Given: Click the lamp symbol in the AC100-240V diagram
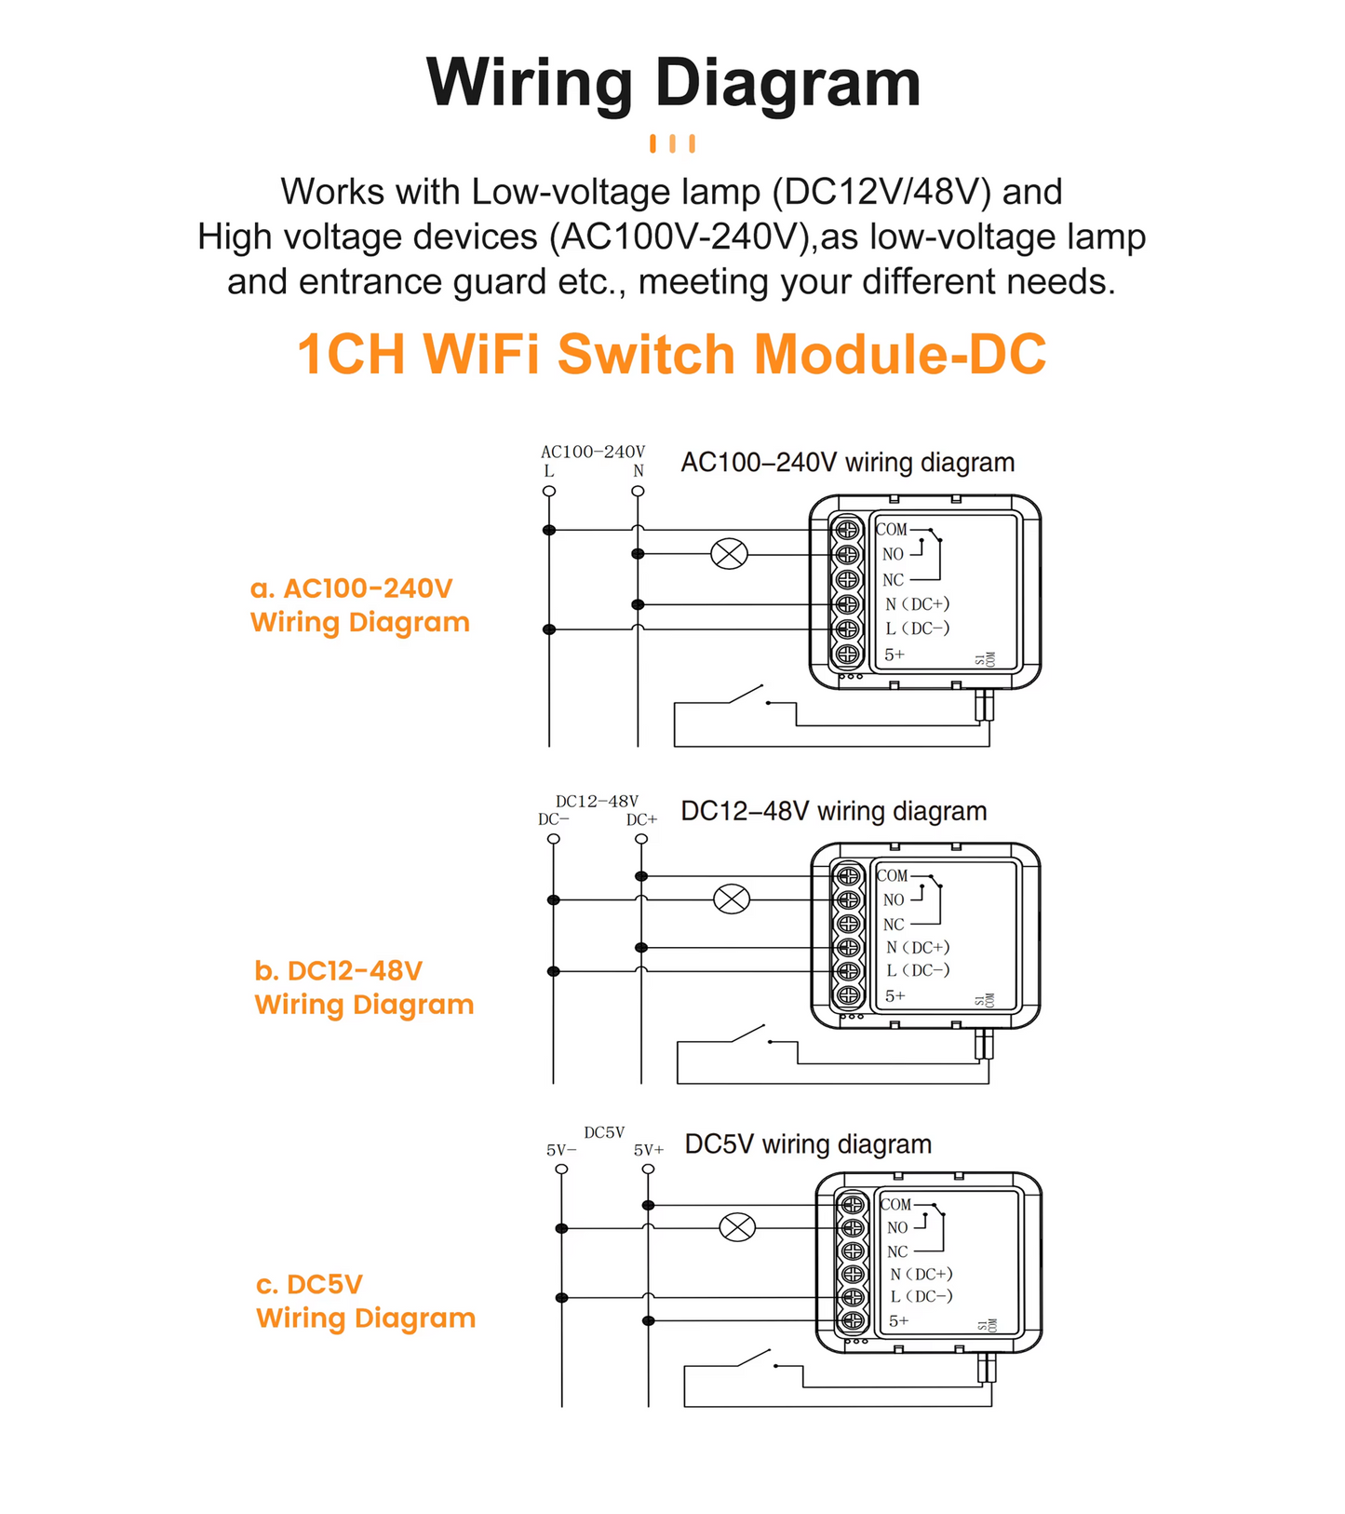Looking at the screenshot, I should pyautogui.click(x=729, y=554).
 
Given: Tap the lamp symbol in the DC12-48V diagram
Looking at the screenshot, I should pyautogui.click(x=732, y=899).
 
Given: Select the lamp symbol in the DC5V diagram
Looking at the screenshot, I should pyautogui.click(x=738, y=1227).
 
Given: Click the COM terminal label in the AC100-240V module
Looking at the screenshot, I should pyautogui.click(x=892, y=529).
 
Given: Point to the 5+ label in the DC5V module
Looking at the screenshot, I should pyautogui.click(x=898, y=1320).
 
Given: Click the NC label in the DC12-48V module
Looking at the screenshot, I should pyautogui.click(x=894, y=925).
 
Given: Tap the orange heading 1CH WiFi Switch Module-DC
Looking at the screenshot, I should pyautogui.click(x=671, y=355).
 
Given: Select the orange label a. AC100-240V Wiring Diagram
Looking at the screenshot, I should pyautogui.click(x=359, y=605).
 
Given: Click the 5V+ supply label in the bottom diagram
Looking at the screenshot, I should pyautogui.click(x=649, y=1150).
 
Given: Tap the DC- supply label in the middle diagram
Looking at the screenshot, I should pyautogui.click(x=553, y=819).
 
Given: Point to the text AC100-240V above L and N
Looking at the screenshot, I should pyautogui.click(x=593, y=452).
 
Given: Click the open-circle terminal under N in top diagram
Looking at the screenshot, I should pyautogui.click(x=638, y=491).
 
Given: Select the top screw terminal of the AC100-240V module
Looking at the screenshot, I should pyautogui.click(x=847, y=530).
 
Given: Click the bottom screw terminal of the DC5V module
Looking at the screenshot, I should pyautogui.click(x=853, y=1320).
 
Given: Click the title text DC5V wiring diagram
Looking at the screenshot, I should pyautogui.click(x=808, y=1144).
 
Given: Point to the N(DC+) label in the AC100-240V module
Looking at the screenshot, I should pyautogui.click(x=917, y=604).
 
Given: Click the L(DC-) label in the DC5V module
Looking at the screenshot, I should pyautogui.click(x=921, y=1296).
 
